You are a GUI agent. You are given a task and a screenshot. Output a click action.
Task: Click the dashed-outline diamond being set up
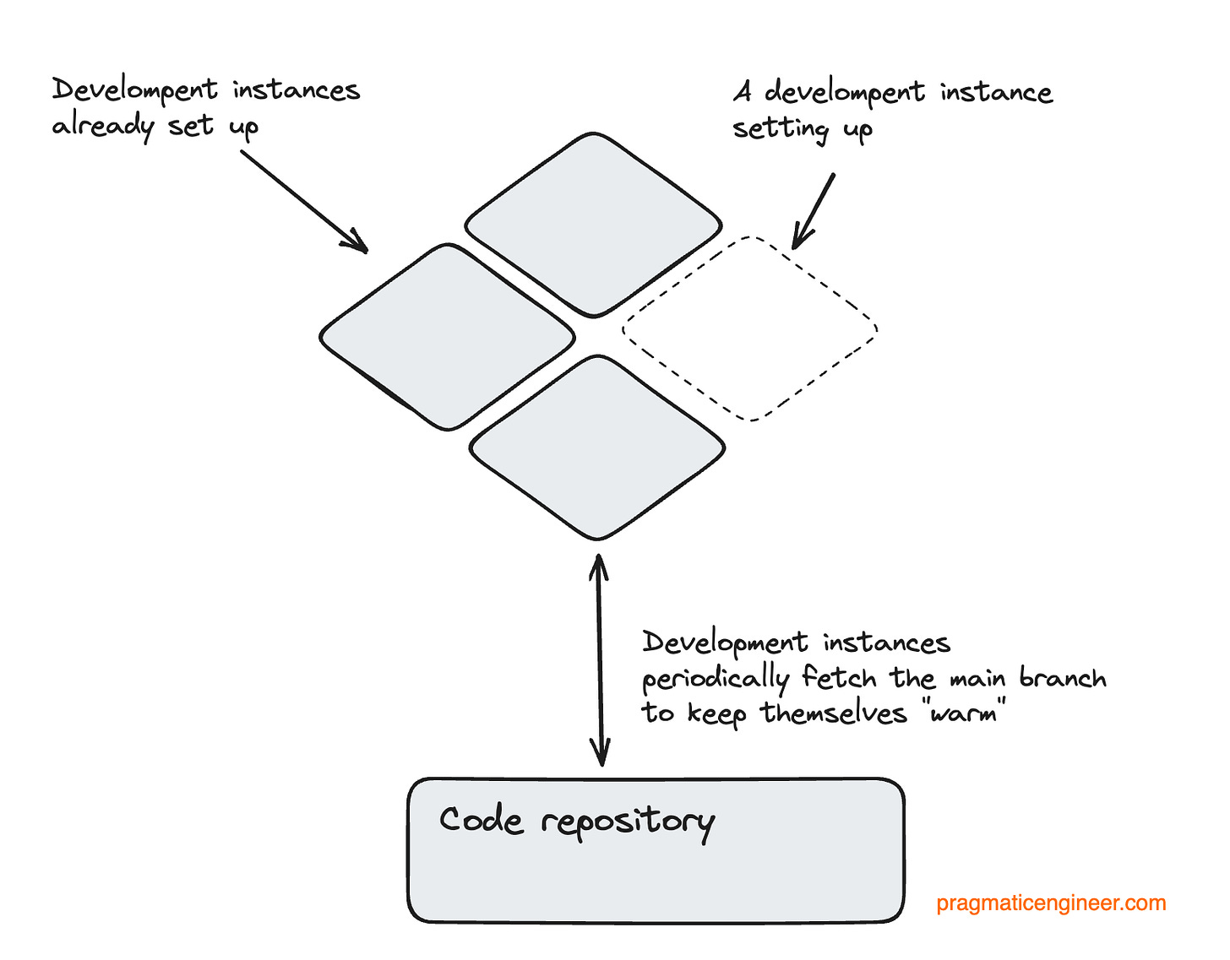click(x=750, y=328)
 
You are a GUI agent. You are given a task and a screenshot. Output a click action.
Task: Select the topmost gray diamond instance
click(x=593, y=225)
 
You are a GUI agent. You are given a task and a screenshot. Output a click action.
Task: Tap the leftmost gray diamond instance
click(x=448, y=337)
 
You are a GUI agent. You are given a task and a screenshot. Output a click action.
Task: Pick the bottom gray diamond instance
click(x=596, y=447)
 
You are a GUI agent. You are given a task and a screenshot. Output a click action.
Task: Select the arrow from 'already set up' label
click(x=304, y=202)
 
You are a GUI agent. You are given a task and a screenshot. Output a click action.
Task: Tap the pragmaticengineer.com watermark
click(x=1051, y=903)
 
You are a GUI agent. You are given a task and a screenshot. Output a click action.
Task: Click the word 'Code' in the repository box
click(x=481, y=820)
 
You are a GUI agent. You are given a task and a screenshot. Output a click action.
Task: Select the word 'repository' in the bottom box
click(x=628, y=822)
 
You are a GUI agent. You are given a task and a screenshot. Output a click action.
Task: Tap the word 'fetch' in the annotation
click(x=839, y=677)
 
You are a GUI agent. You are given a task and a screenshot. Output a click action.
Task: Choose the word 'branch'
click(x=1062, y=678)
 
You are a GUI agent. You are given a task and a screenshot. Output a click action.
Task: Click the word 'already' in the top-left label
click(x=102, y=127)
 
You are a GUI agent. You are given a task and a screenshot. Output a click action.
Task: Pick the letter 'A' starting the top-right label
click(x=743, y=91)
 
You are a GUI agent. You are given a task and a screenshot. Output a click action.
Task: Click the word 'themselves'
click(x=833, y=713)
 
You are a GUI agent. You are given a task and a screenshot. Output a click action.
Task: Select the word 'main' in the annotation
click(x=978, y=679)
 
